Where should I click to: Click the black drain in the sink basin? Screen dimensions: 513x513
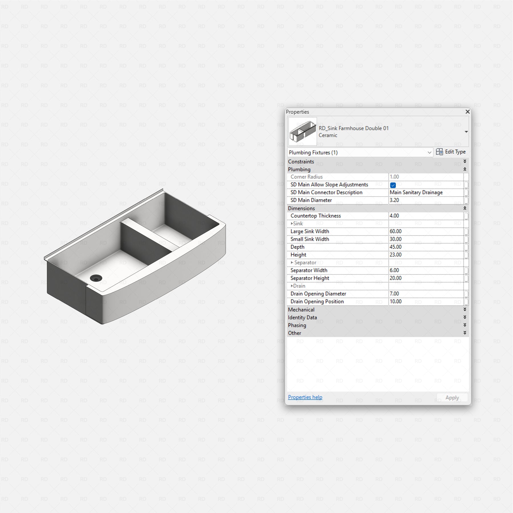click(x=96, y=278)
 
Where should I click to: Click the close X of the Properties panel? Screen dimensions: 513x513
click(x=467, y=112)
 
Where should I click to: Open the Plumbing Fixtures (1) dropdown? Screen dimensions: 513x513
click(x=360, y=152)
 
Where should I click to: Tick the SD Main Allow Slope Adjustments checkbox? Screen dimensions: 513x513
click(x=393, y=185)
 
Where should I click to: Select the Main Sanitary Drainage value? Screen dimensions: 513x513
click(x=416, y=192)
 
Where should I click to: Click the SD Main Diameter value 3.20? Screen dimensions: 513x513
click(x=394, y=200)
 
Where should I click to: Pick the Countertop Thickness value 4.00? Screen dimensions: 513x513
click(x=394, y=216)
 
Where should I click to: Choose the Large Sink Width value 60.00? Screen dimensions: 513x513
click(x=396, y=231)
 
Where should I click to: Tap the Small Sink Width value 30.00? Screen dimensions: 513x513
click(x=396, y=239)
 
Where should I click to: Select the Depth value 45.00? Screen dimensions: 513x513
click(x=396, y=247)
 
